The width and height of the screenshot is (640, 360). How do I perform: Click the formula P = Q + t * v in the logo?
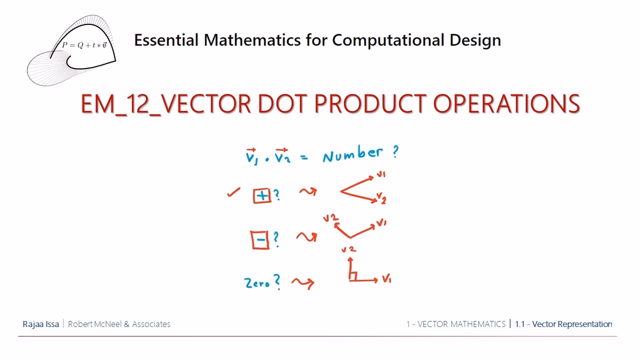[x=84, y=45]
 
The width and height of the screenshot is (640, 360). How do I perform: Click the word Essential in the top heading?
[x=166, y=40]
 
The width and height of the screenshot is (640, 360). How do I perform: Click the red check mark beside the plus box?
[x=233, y=192]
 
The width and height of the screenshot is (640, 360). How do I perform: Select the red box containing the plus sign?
[x=262, y=196]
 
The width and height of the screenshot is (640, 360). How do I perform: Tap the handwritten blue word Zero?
[x=257, y=283]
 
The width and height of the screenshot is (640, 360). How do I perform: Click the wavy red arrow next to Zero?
[x=303, y=283]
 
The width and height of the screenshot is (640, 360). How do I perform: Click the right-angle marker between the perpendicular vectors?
[x=353, y=276]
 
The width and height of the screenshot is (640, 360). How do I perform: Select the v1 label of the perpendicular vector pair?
[x=386, y=279]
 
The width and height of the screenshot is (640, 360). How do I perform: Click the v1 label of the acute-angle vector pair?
[x=381, y=174]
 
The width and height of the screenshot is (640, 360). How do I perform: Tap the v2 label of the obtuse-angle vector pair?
[x=330, y=218]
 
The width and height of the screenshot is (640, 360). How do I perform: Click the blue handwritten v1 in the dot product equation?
[x=251, y=157]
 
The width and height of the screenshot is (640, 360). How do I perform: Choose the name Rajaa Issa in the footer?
[x=40, y=324]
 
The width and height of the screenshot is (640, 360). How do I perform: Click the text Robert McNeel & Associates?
[x=119, y=324]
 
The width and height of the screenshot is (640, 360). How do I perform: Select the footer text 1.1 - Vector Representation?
[x=563, y=324]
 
